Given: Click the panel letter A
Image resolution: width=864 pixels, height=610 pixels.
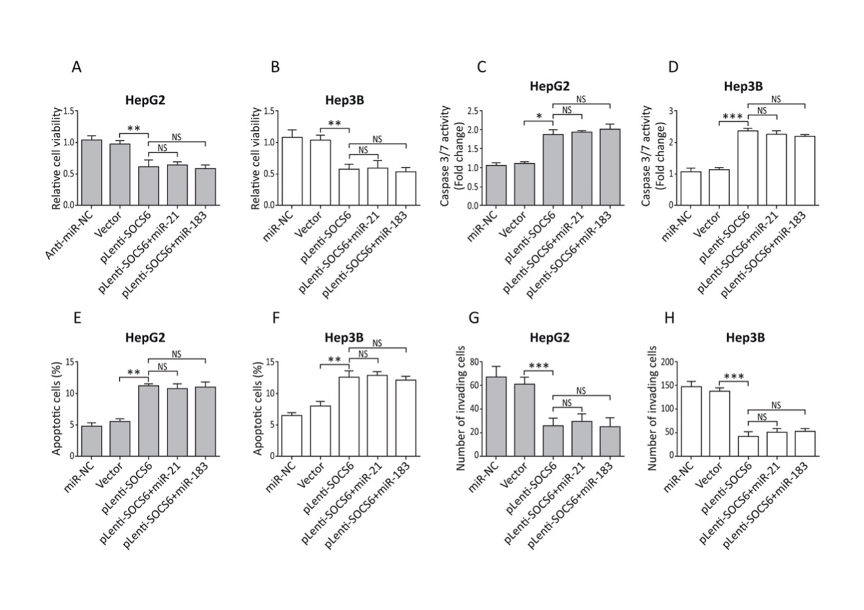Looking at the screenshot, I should (77, 67).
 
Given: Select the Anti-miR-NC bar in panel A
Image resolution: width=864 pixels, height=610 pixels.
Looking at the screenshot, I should (91, 172).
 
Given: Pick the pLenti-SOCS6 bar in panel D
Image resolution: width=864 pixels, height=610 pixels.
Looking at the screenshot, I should (747, 168).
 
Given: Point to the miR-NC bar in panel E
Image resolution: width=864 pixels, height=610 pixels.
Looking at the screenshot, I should (91, 441).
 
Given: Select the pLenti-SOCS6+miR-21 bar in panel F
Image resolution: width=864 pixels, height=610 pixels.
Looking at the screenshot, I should (377, 415).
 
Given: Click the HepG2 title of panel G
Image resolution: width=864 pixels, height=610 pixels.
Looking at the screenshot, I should (549, 338).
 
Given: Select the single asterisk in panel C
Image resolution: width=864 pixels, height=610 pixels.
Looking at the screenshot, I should (538, 117).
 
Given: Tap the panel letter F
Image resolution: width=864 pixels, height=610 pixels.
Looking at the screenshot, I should (276, 318).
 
